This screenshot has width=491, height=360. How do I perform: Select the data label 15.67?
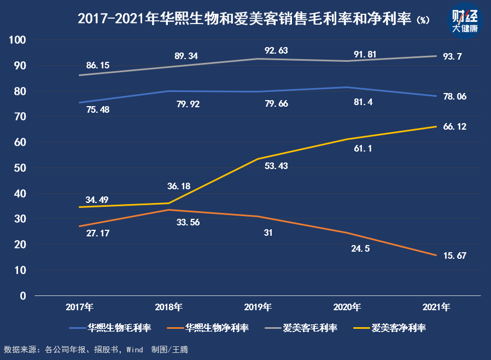[455, 256]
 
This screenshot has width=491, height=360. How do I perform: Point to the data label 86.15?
[98, 65]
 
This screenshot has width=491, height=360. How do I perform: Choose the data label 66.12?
[455, 126]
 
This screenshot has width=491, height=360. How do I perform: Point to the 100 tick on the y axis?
[19, 40]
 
